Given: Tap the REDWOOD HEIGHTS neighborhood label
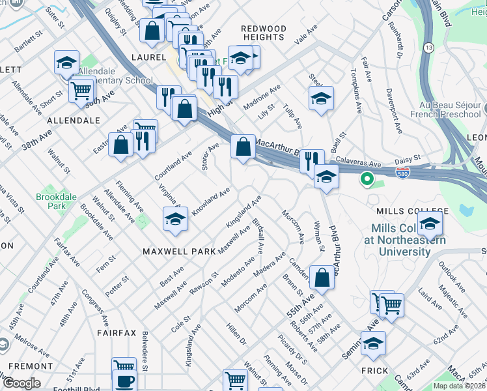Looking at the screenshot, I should pos(263,33).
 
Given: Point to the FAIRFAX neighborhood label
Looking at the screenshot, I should pos(117,332).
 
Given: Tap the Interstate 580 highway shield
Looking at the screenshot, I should pos(403,172).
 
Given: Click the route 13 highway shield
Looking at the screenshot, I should pos(428,48).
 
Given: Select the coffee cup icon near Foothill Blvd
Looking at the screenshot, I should pos(124,381).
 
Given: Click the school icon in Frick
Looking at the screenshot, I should pos(373,343).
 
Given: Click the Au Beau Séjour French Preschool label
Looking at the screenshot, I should pos(445,109).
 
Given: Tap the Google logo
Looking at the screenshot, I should pos(21,383).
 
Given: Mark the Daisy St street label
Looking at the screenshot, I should pos(408,158).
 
